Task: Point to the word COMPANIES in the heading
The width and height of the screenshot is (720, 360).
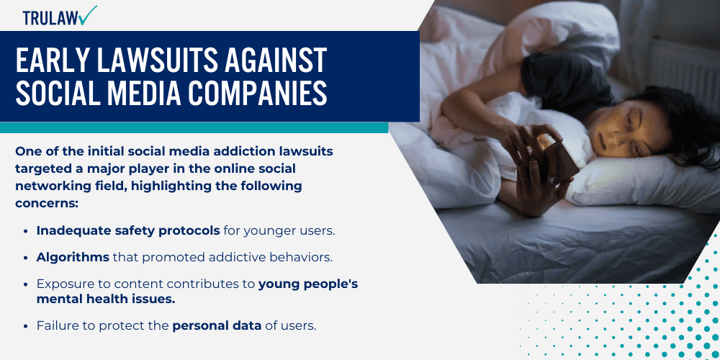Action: coord(249,95)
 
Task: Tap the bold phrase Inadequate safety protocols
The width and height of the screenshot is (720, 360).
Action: coord(128,231)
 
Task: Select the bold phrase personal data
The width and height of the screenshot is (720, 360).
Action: coord(217,325)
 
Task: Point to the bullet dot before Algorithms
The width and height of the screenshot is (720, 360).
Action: coord(27,257)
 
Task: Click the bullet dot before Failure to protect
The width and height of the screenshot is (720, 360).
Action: coord(27,325)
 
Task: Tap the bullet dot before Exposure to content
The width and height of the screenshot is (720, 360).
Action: coord(27,284)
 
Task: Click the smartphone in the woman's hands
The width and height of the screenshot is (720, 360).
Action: coord(555,151)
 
